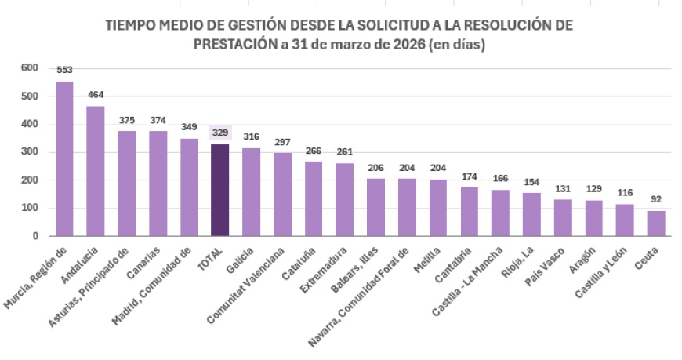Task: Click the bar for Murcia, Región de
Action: click(64, 158)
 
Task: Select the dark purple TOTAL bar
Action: click(220, 190)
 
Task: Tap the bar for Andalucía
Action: click(96, 171)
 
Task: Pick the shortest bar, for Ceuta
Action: click(655, 223)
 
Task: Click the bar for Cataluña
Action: click(314, 198)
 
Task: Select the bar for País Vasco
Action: click(562, 217)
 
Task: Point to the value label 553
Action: click(64, 70)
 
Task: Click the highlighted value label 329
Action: click(220, 133)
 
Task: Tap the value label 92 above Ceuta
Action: click(655, 199)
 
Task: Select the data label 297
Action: click(283, 142)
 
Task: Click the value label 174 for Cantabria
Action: click(469, 176)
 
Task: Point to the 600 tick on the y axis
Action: click(29, 68)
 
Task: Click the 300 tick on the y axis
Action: click(29, 152)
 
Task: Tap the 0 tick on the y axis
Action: click(34, 236)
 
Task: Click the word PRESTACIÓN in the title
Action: click(233, 45)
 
